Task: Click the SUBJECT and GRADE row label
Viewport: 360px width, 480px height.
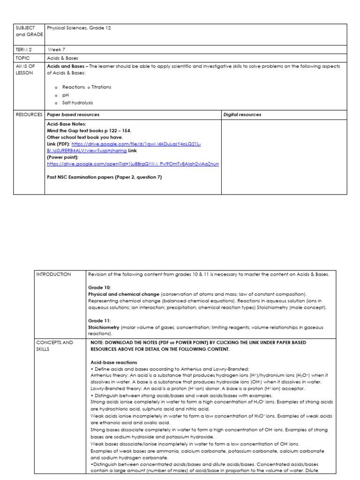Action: coord(29,31)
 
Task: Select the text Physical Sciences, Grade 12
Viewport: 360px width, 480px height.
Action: coord(79,28)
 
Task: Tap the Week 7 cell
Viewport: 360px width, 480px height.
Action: coord(57,49)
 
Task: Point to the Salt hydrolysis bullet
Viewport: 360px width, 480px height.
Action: coord(77,103)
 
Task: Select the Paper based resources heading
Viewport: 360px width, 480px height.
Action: coord(73,114)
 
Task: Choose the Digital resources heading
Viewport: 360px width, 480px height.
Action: coord(242,114)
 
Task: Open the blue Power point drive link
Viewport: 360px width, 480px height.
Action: coord(133,164)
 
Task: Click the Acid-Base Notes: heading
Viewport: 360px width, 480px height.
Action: coord(67,124)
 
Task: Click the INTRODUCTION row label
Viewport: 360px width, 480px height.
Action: coord(53,274)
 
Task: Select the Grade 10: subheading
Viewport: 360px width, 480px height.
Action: coord(99,287)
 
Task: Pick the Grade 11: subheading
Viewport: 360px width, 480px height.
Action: coord(99,321)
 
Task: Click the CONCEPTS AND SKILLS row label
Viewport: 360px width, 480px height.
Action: coord(55,345)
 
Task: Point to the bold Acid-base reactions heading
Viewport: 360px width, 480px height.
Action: coord(113,362)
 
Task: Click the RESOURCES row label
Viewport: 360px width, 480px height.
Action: coord(29,114)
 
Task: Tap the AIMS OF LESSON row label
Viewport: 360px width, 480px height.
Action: coord(26,70)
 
